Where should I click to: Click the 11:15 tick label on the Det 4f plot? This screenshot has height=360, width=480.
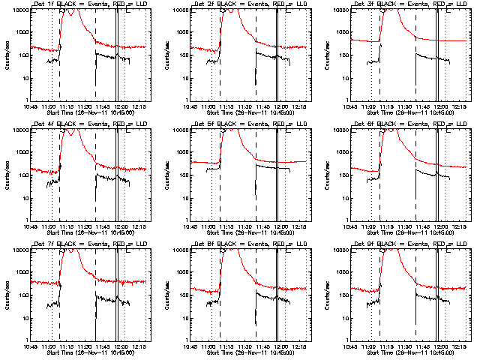click(67, 227)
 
